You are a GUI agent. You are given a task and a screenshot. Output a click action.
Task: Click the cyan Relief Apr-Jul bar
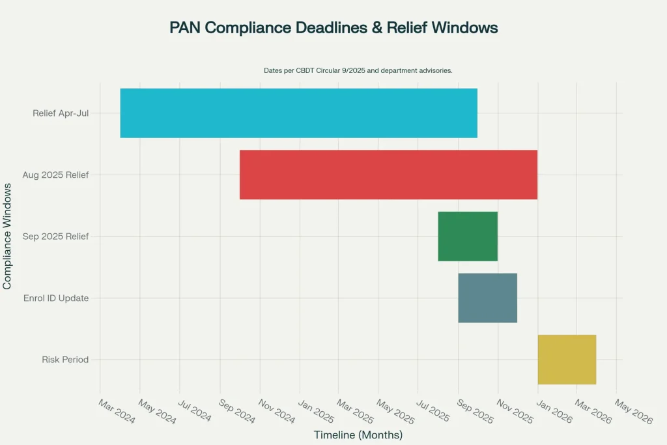[298, 113]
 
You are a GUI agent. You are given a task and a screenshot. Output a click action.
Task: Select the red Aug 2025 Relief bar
[388, 175]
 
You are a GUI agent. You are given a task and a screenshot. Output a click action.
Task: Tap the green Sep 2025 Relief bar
[468, 236]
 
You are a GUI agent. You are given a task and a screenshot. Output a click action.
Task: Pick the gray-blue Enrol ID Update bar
[487, 298]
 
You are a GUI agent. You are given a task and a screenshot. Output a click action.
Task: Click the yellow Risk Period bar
[567, 359]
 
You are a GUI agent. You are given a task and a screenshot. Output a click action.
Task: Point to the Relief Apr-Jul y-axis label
[61, 113]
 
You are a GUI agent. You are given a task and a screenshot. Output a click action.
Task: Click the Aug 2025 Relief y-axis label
[55, 175]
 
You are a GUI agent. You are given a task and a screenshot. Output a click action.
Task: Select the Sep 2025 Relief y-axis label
[55, 237]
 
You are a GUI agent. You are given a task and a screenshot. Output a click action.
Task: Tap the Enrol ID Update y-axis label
[56, 298]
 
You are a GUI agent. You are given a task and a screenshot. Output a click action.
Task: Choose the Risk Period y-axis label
[65, 360]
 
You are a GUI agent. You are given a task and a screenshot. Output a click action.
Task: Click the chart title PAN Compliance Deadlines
[333, 27]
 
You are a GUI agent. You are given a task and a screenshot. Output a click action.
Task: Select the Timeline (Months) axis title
[358, 435]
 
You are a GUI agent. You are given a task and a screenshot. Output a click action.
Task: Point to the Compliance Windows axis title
[7, 236]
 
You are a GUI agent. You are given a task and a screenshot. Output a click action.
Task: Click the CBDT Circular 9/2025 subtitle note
[358, 70]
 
